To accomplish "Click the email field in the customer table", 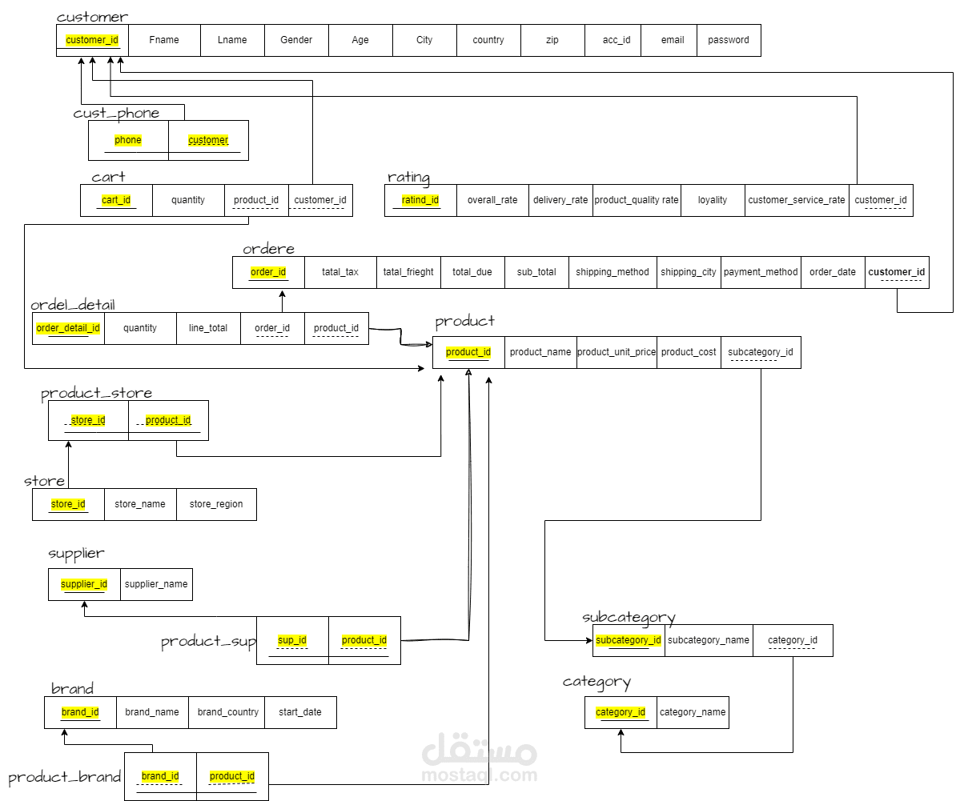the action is click(673, 40).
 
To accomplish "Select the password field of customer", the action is click(729, 40).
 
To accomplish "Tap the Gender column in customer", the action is click(296, 40).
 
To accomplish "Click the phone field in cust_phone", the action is click(128, 140).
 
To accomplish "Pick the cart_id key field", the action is click(116, 200).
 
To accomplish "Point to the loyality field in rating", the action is click(713, 200).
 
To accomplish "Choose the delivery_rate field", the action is click(560, 200).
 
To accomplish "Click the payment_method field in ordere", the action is click(761, 272).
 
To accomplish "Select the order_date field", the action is click(833, 272).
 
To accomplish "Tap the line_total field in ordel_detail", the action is click(208, 328).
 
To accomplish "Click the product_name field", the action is click(540, 352).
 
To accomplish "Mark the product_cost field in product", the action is click(689, 352).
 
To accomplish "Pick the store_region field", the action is click(216, 504).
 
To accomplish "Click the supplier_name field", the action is click(156, 584).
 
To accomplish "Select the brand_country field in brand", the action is click(227, 712).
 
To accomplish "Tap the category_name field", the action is click(693, 712).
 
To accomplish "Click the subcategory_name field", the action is click(709, 640).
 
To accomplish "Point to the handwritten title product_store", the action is click(97, 393).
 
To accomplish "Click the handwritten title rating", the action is click(408, 178).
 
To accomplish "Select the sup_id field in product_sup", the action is click(293, 640).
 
